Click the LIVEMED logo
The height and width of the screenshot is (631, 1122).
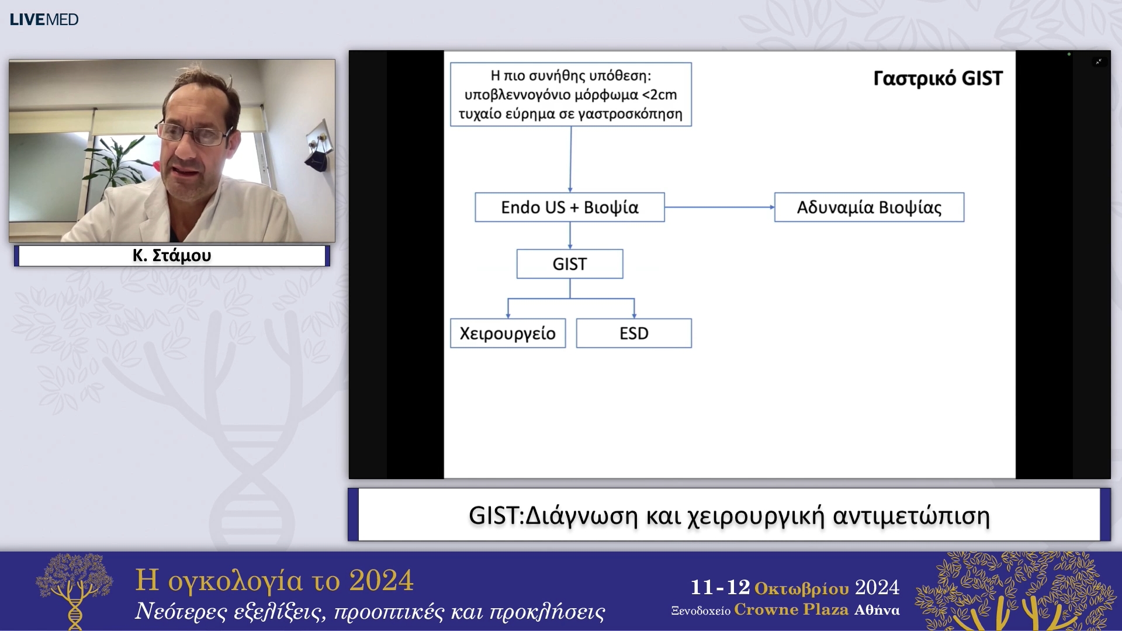coord(44,19)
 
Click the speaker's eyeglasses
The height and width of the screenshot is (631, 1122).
coord(193,134)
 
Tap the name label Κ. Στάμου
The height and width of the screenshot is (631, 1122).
coord(172,255)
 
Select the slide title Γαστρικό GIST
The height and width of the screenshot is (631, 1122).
coord(937,78)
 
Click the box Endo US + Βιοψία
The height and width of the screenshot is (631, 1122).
coord(569,207)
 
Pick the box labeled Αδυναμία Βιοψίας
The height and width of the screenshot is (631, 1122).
coord(869,207)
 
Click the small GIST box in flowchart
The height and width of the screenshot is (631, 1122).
coord(569,264)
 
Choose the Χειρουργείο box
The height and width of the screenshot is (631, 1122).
coord(507,334)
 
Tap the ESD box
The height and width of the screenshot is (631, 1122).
coord(633,334)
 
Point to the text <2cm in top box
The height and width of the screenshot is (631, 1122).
coord(659,95)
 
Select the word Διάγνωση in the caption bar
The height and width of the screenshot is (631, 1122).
coord(581,516)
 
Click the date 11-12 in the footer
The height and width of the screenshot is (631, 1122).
coord(720,587)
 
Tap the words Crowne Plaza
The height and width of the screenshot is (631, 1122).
coord(791,610)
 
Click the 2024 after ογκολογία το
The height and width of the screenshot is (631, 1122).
coord(381,580)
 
